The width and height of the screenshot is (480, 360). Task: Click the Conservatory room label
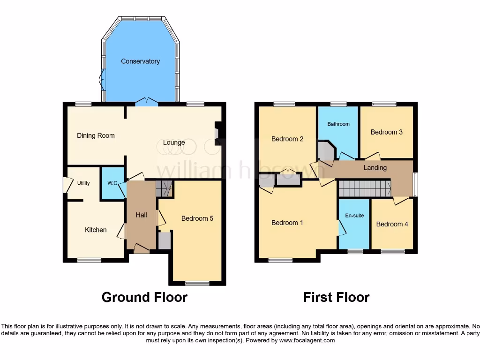[140, 61]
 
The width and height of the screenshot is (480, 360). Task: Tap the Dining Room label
[96, 135]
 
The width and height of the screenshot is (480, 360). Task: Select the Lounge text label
[174, 142]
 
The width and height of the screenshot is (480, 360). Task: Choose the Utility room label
[83, 183]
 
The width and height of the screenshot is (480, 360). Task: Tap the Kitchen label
[96, 230]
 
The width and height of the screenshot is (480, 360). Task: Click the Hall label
[141, 215]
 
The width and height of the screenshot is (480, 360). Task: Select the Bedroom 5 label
[197, 218]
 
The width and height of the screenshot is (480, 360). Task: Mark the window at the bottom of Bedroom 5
[197, 283]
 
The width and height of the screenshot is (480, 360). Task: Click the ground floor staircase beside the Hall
[164, 188]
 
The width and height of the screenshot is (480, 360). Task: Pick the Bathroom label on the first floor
[338, 124]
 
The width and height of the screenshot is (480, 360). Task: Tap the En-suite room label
[354, 216]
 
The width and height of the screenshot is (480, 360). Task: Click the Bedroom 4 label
[392, 224]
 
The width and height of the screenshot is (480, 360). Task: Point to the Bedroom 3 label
[386, 132]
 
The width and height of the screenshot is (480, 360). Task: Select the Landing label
[375, 168]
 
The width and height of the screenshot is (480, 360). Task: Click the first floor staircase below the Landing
[365, 189]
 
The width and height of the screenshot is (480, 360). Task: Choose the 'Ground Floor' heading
[144, 297]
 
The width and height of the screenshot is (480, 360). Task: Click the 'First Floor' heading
[336, 297]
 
